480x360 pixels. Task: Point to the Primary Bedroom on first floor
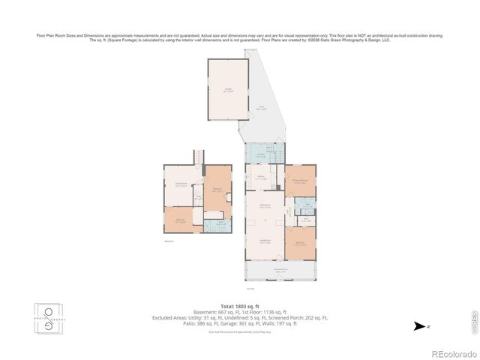pos(300,181)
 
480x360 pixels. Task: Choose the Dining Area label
pos(265,205)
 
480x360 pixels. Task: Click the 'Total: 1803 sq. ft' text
pos(239,306)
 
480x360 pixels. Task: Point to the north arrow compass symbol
pos(418,327)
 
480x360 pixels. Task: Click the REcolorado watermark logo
pos(446,352)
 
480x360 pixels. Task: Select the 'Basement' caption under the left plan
pos(169,241)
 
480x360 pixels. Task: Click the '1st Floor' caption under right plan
pos(250,288)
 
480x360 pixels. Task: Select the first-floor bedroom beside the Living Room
pos(300,243)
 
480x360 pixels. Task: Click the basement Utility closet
pos(199,196)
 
